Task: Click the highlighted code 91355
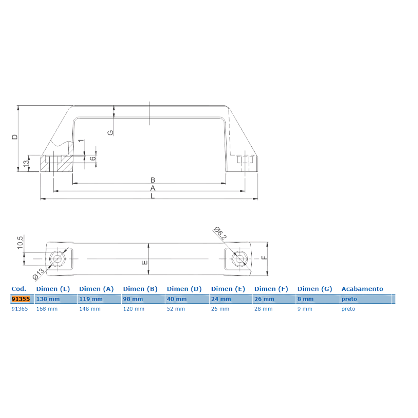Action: click(20, 299)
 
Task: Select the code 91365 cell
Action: click(20, 309)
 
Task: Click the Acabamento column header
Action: click(362, 289)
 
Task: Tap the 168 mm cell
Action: click(47, 309)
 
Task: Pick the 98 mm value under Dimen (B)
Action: click(133, 299)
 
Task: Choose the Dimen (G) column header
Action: click(315, 289)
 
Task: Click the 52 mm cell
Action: click(176, 309)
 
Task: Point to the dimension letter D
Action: click(15, 137)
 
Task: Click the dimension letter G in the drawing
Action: click(110, 133)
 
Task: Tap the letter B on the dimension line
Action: click(153, 180)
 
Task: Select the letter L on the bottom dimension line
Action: click(153, 196)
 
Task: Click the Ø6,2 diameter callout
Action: click(220, 233)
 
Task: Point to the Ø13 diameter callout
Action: click(38, 274)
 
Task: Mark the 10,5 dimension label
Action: click(20, 242)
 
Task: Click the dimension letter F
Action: click(264, 257)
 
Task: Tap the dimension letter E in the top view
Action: click(144, 263)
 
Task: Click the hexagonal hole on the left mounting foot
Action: click(57, 259)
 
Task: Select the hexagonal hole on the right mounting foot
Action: click(240, 259)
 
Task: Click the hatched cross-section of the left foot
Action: click(57, 160)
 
